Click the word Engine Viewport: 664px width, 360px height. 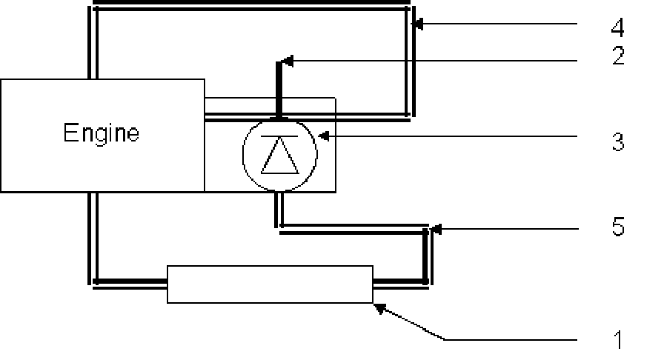click(101, 134)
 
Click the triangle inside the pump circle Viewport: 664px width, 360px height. click(279, 158)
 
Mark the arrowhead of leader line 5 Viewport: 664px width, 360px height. click(436, 230)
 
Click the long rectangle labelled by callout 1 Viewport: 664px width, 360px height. click(270, 284)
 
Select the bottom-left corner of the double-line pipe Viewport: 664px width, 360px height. click(93, 281)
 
